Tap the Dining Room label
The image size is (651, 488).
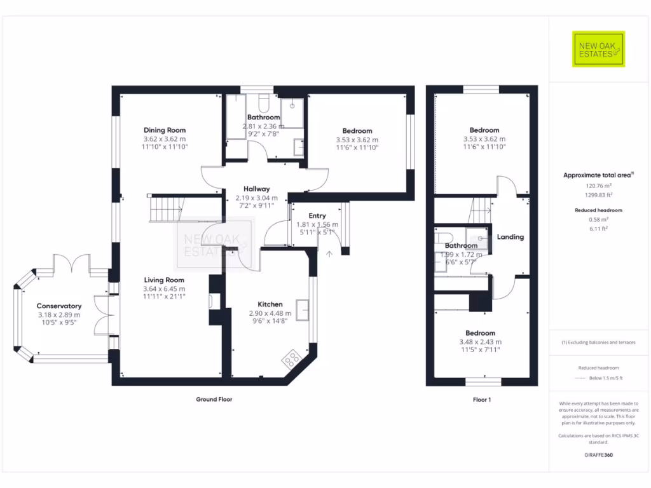click(x=165, y=130)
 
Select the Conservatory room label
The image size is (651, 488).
click(x=58, y=306)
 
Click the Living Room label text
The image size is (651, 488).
click(x=164, y=280)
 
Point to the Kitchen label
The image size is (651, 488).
click(x=270, y=304)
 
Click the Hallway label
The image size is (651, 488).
click(x=257, y=189)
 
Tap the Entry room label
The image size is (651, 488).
click(x=317, y=216)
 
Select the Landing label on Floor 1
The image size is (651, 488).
click(x=511, y=237)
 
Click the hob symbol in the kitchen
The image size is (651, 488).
click(x=292, y=358)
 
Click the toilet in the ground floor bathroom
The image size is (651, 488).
click(x=264, y=102)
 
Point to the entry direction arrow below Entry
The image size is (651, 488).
click(x=329, y=254)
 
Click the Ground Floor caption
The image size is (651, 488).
click(x=214, y=400)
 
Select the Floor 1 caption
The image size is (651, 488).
click(x=481, y=400)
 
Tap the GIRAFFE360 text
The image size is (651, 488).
click(x=598, y=455)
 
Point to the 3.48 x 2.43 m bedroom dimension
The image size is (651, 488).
click(x=480, y=342)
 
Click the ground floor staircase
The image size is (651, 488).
click(x=165, y=209)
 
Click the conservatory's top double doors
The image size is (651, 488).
click(x=72, y=263)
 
